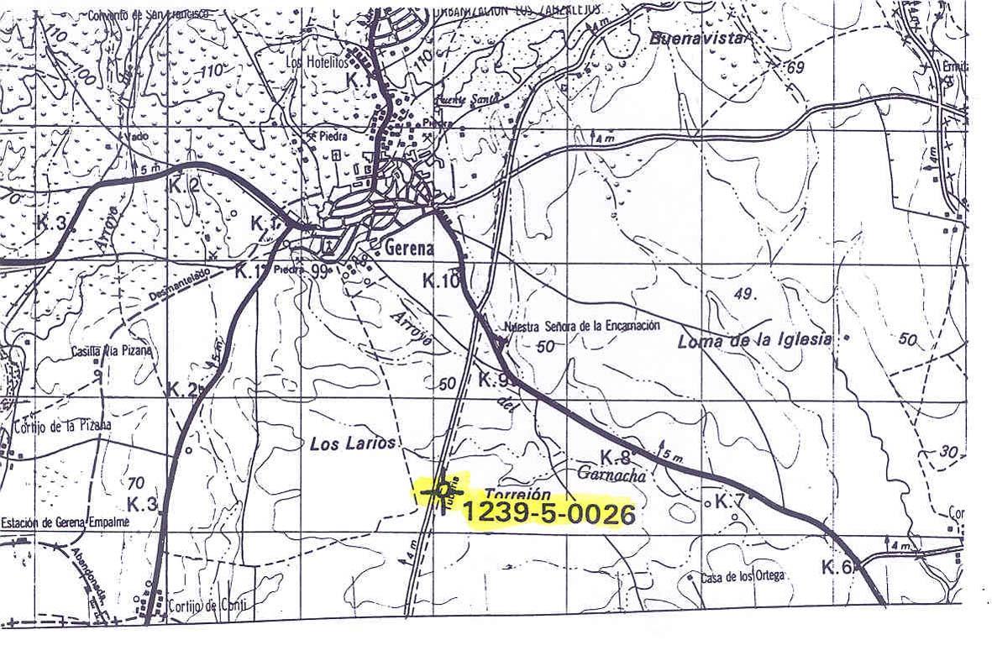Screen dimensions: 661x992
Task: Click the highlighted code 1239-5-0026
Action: pos(548,513)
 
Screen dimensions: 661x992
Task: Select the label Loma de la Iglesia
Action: pos(753,340)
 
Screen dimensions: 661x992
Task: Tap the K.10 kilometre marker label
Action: pos(440,282)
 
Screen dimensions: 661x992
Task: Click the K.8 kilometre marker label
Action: pos(615,457)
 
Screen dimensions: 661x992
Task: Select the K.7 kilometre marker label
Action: pos(729,501)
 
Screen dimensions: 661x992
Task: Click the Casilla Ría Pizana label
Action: pos(112,351)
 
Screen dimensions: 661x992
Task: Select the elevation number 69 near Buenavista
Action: pos(795,66)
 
